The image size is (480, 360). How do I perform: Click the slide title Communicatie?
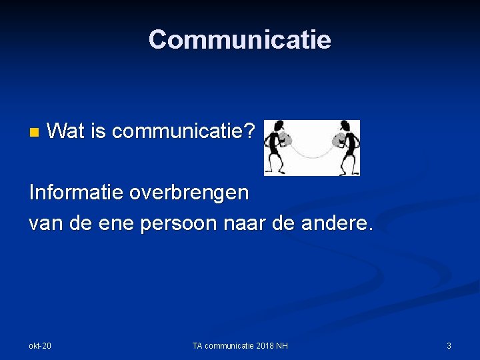coord(239,40)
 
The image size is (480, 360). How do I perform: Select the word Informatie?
coord(75,193)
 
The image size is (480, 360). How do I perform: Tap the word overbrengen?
coord(189,193)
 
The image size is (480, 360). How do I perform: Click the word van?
coord(44,223)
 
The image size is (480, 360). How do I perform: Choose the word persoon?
coord(177,223)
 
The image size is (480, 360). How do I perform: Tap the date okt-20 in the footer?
coord(40,345)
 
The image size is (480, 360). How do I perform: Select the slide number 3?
coord(449,345)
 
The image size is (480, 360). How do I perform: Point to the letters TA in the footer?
coord(198,345)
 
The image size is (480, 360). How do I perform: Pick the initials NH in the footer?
coord(283,345)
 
